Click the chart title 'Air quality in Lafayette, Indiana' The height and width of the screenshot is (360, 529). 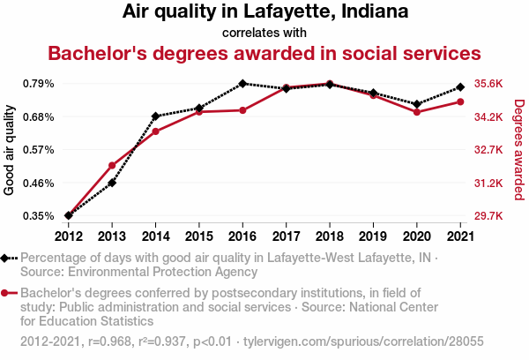pos(264,12)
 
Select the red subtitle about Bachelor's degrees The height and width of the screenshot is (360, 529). pos(264,53)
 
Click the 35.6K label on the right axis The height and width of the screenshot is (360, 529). pos(488,84)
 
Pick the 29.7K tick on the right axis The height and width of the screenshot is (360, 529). pos(488,216)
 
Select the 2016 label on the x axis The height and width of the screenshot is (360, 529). pos(242,236)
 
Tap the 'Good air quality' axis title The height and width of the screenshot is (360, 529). pos(10,150)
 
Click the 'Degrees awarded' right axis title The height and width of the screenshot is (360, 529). pos(519,150)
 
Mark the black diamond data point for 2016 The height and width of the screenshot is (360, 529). pos(242,84)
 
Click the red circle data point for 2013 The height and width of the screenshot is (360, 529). pos(112,166)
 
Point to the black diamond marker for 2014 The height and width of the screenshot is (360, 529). pos(155,116)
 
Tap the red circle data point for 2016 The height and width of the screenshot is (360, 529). pos(242,110)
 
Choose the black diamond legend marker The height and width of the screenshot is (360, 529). pos(6,258)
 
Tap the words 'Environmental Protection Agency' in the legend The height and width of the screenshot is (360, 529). pos(158,272)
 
